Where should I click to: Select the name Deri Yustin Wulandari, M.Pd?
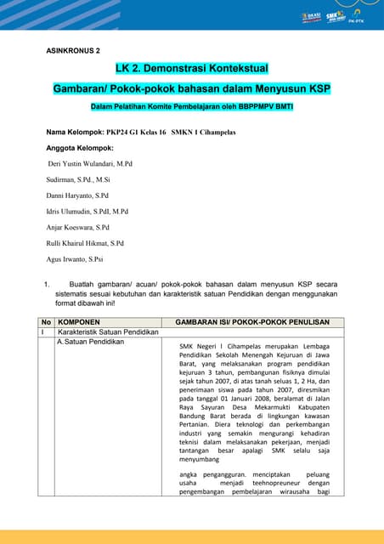click(90, 162)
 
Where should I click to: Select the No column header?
click(46, 322)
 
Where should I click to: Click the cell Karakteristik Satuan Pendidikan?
click(108, 331)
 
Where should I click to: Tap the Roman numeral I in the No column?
click(42, 331)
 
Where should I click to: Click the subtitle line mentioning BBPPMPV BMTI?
click(191, 106)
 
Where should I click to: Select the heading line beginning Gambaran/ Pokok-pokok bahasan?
click(191, 88)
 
